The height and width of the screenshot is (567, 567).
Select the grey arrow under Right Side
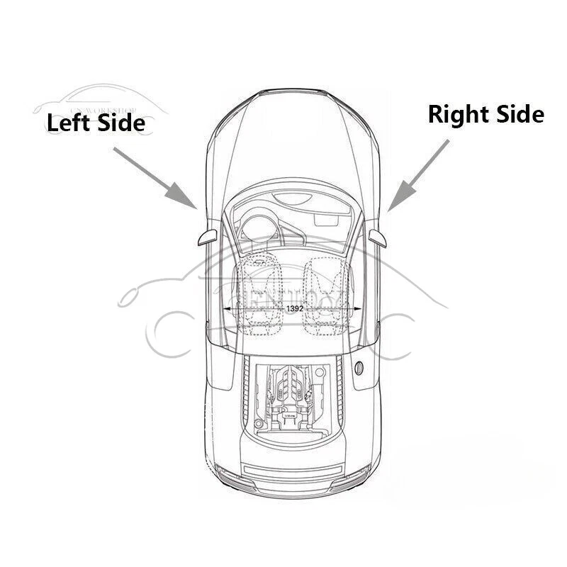click(x=419, y=174)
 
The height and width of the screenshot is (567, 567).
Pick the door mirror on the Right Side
click(x=378, y=235)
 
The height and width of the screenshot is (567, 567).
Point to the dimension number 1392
click(x=296, y=310)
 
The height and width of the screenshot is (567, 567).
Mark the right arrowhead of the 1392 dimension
click(x=358, y=310)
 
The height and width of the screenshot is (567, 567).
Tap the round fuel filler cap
click(x=359, y=369)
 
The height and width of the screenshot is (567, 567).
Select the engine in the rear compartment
click(x=291, y=397)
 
